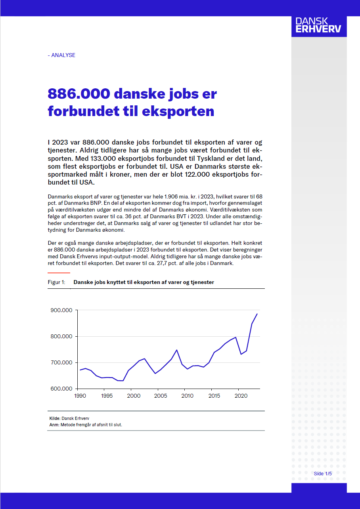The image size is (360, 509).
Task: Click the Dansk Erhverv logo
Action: pyautogui.click(x=319, y=26)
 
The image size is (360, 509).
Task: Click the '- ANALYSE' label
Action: pyautogui.click(x=61, y=55)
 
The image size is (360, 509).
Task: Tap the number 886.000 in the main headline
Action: pyautogui.click(x=79, y=94)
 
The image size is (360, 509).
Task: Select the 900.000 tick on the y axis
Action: pyautogui.click(x=61, y=310)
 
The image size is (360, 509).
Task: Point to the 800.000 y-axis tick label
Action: pyautogui.click(x=61, y=336)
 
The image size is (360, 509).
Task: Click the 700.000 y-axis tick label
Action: pyautogui.click(x=61, y=362)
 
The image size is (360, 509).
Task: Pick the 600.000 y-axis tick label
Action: pyautogui.click(x=61, y=389)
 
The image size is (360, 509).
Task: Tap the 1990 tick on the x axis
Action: pyautogui.click(x=80, y=396)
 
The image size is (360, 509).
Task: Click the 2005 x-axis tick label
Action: pyautogui.click(x=160, y=396)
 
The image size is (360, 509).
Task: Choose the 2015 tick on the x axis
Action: pyautogui.click(x=214, y=396)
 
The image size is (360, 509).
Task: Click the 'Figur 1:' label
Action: pyautogui.click(x=56, y=282)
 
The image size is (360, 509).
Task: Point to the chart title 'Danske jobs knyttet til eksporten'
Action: pyautogui.click(x=144, y=282)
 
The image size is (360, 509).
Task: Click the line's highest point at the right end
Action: pyautogui.click(x=257, y=314)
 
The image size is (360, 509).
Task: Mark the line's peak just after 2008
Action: pyautogui.click(x=176, y=350)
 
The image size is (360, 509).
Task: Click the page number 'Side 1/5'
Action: pyautogui.click(x=323, y=474)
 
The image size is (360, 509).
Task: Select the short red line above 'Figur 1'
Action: pyautogui.click(x=59, y=273)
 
